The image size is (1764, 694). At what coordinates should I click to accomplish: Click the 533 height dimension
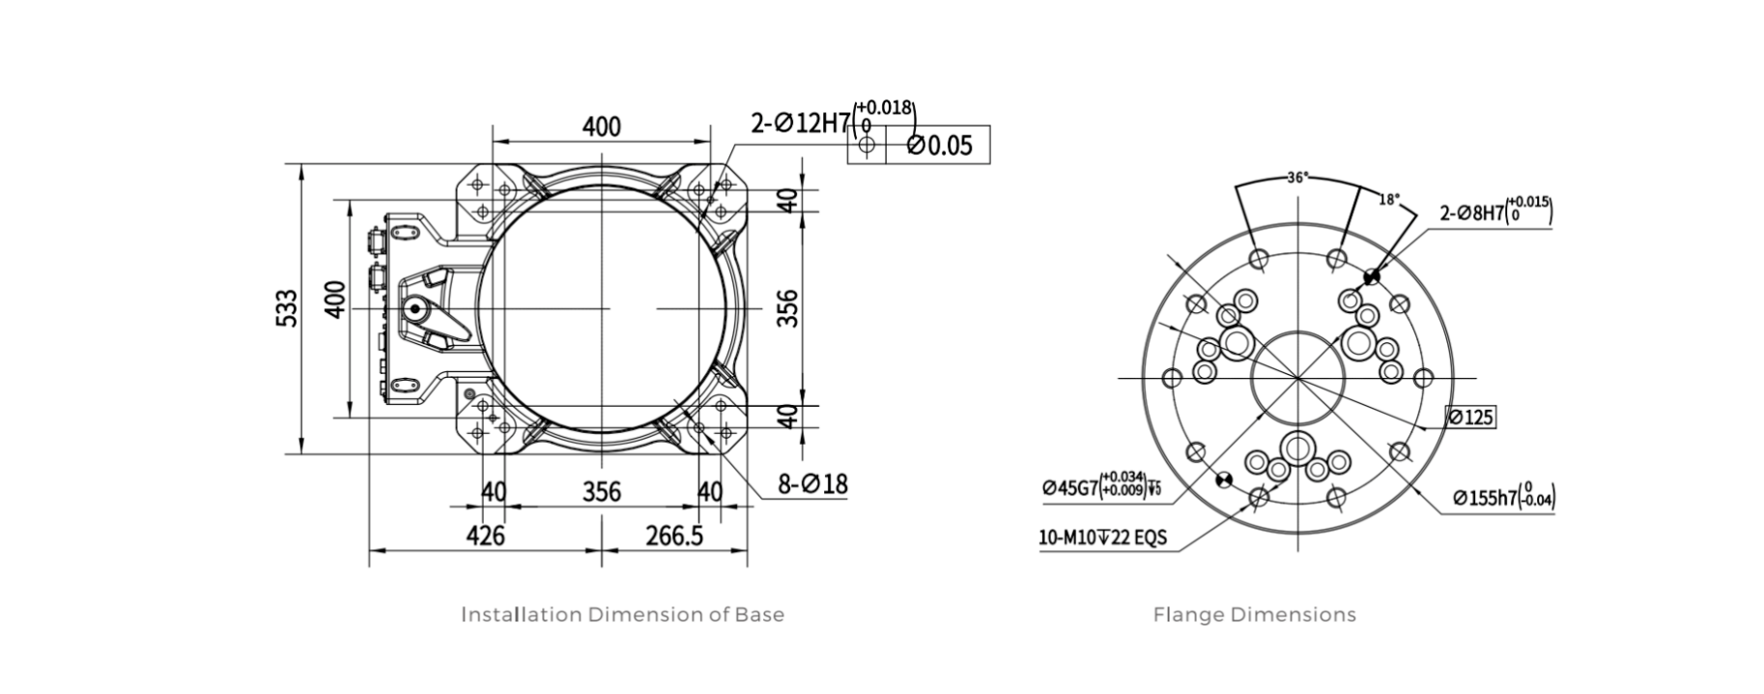[288, 308]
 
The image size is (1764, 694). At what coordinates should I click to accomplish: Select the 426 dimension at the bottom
[485, 535]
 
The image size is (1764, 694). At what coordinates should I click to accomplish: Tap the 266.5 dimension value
[674, 535]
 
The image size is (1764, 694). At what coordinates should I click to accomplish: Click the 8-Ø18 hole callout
[813, 483]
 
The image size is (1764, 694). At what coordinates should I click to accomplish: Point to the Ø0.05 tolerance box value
[939, 146]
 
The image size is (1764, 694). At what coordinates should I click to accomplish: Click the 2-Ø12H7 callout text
[801, 124]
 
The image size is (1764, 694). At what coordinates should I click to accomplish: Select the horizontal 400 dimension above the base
[601, 127]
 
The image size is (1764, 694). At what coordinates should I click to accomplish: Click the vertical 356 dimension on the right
[788, 309]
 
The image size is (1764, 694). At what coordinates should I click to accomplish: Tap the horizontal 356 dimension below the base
[601, 492]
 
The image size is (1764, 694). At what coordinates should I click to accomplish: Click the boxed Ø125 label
[1470, 418]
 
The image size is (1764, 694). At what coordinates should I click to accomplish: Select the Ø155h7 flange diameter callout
[1503, 497]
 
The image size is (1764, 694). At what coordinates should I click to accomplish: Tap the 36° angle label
[1297, 178]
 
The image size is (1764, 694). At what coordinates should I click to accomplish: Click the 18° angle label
[1387, 199]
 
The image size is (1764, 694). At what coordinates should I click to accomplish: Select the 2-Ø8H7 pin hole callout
[1494, 212]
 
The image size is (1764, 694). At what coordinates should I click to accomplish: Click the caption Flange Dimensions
[1254, 615]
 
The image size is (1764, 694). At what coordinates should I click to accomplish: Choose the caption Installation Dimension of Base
[622, 615]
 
